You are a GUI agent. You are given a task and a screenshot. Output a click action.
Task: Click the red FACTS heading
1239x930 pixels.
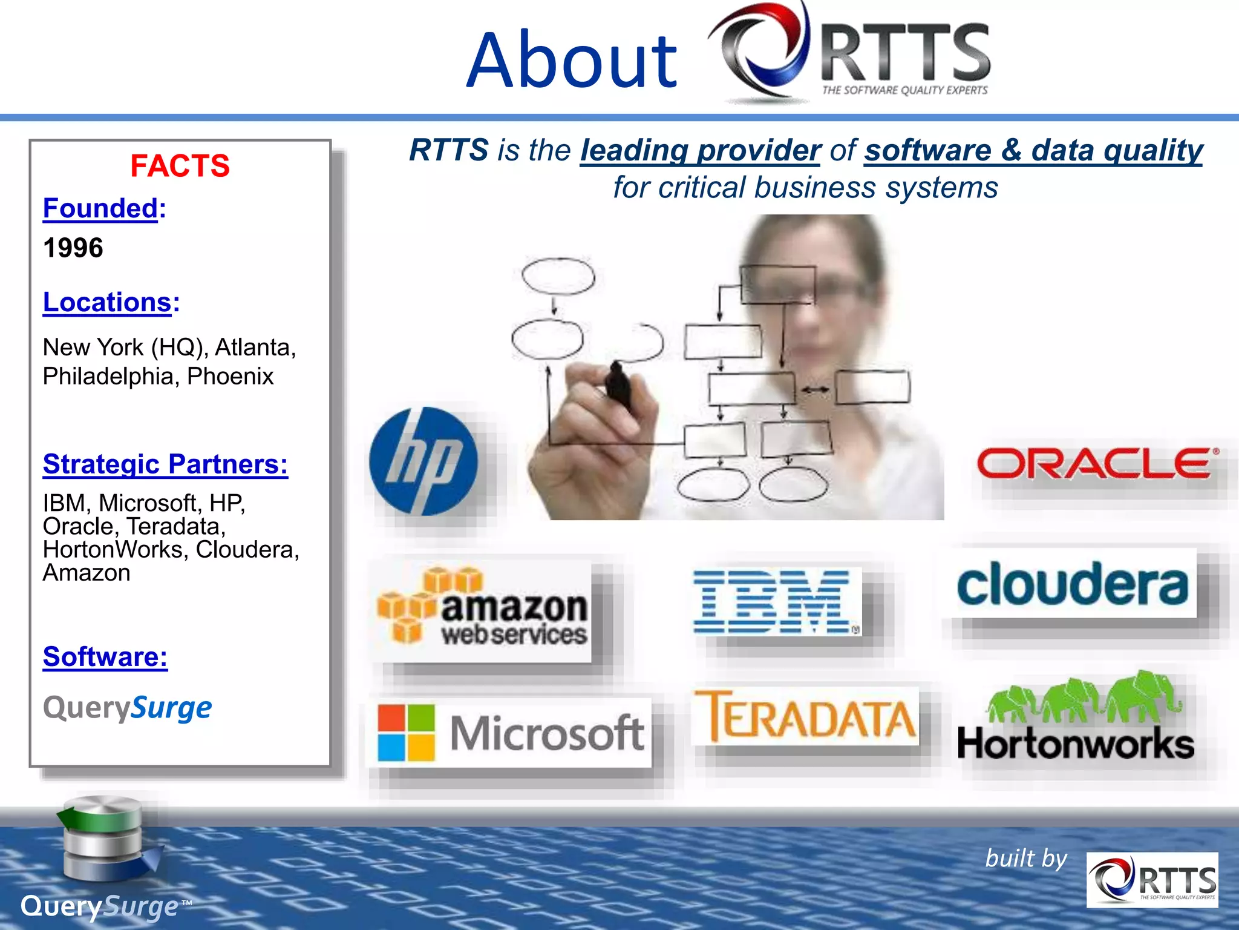pos(180,166)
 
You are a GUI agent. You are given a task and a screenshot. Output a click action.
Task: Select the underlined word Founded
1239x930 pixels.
pos(100,209)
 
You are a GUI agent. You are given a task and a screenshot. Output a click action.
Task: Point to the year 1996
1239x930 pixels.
pos(73,248)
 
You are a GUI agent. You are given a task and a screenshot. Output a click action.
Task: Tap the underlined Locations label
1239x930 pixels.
pos(107,302)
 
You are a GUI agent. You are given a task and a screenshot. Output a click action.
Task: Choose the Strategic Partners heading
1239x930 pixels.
pos(165,464)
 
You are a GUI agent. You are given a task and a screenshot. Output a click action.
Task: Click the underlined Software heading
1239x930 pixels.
pos(105,657)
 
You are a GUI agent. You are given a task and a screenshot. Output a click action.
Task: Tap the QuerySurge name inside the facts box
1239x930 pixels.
pos(127,707)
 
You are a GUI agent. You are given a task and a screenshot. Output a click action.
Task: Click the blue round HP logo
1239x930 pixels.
pos(423,461)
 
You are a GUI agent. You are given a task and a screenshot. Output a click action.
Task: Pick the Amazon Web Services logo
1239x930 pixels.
pos(483,607)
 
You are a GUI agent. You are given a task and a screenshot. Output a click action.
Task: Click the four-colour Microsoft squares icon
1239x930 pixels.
pos(406,732)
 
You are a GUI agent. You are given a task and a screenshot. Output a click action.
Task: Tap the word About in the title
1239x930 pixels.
pos(572,61)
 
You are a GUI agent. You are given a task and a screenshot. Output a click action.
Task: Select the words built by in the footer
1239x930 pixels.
pos(1026,859)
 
